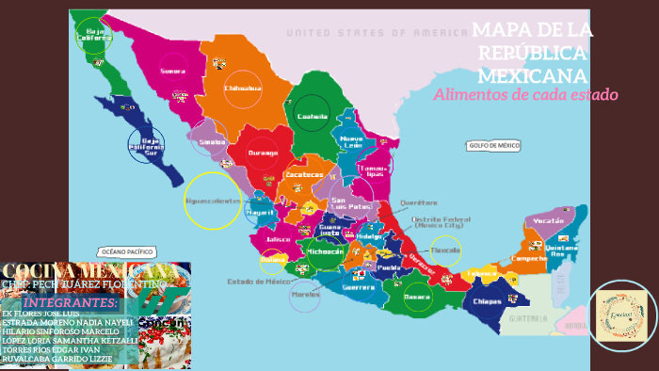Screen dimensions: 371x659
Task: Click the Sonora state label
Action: click(x=172, y=71)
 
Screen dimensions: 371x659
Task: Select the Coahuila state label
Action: click(x=312, y=117)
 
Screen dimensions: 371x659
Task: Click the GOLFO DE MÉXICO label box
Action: click(x=493, y=146)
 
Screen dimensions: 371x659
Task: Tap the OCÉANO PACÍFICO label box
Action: click(x=126, y=252)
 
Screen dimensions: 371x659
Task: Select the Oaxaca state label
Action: click(x=416, y=297)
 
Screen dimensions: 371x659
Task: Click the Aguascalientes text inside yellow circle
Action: click(x=214, y=201)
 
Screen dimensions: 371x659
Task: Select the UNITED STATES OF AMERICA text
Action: click(x=377, y=33)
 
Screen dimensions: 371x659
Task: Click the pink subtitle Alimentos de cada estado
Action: click(x=525, y=95)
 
